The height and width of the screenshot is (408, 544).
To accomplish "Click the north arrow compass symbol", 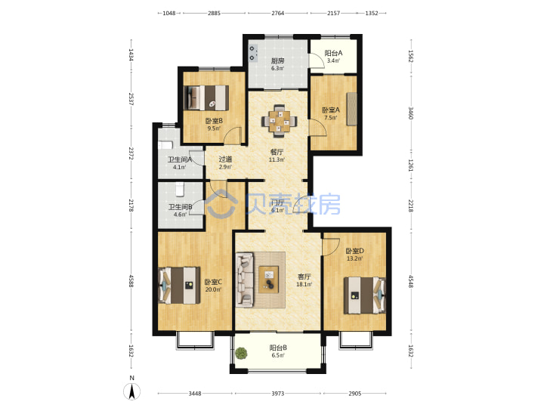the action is [x=131, y=391].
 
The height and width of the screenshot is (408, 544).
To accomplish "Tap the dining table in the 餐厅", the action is [x=280, y=121].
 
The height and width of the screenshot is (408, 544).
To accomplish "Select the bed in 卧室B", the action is [x=207, y=97].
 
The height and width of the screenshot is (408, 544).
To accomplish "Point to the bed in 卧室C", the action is [x=179, y=285].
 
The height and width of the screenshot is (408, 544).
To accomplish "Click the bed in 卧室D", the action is [x=365, y=295].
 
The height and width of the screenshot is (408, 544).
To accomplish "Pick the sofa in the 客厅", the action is [x=245, y=280].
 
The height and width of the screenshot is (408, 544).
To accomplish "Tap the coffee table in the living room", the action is [x=269, y=280].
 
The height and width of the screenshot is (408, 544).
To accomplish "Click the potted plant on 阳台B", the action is [x=241, y=354].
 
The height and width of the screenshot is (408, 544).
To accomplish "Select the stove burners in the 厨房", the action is [x=253, y=53].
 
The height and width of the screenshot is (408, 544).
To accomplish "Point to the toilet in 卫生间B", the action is [x=179, y=190].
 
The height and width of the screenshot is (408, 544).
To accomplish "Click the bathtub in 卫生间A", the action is [x=165, y=145].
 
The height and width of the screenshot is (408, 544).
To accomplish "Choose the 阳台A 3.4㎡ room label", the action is [x=333, y=57].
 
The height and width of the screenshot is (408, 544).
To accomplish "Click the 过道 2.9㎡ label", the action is [x=225, y=162].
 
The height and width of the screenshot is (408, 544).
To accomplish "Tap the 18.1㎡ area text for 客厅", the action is [x=304, y=285].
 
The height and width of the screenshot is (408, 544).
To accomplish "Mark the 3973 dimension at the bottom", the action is [x=277, y=394].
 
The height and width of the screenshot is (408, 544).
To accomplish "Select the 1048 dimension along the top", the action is [x=169, y=13].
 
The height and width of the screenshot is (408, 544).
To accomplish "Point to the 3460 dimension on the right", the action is [x=410, y=113].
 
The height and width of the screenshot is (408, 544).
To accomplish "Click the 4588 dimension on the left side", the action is [x=131, y=281].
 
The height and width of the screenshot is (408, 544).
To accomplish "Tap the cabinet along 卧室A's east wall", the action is [x=352, y=109].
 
